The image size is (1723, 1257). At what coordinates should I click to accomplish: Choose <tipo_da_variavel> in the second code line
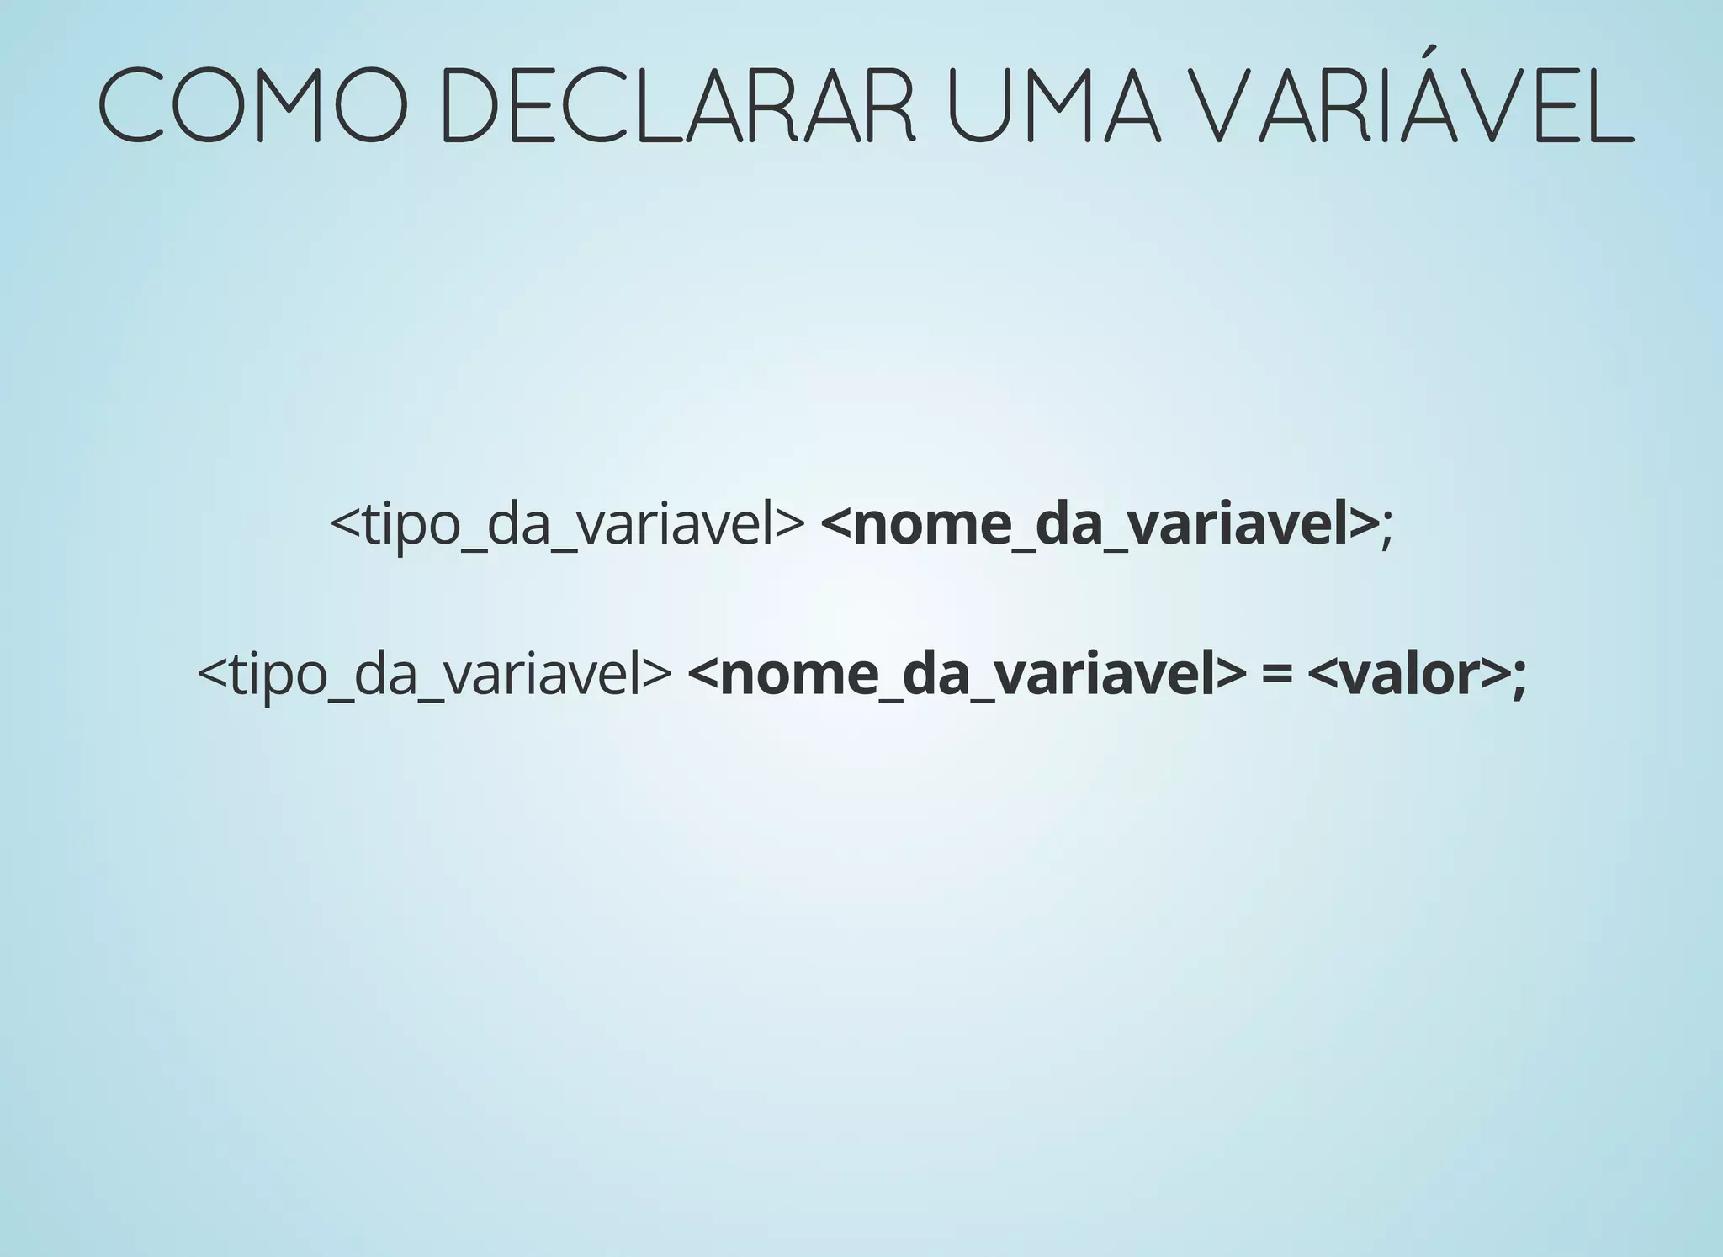click(x=434, y=674)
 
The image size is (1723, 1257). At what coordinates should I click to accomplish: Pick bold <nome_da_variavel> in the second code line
click(x=966, y=674)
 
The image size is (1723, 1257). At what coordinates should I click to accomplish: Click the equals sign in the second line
click(x=1276, y=675)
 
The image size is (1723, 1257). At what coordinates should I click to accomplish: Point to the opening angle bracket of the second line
click(x=211, y=675)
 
